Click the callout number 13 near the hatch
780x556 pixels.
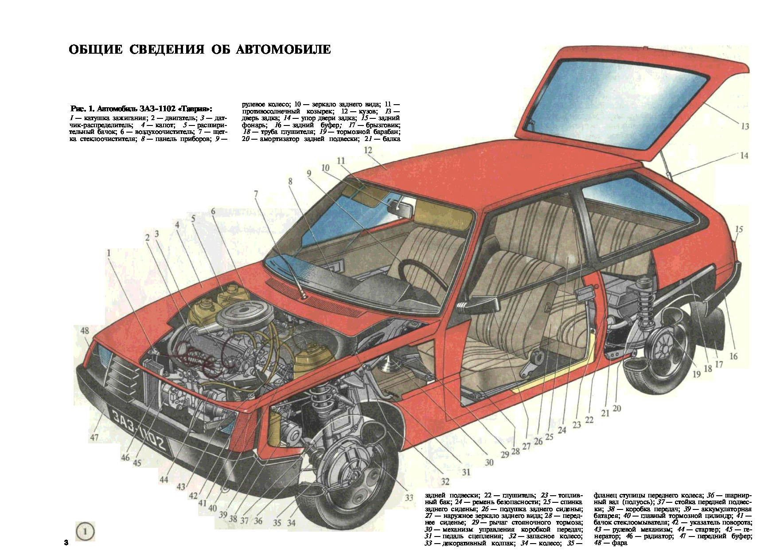tap(745, 126)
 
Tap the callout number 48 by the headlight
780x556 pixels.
tap(85, 330)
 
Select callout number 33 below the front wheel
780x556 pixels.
tap(409, 498)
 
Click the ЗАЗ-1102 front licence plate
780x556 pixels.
tap(139, 430)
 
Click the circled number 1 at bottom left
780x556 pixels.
tap(85, 531)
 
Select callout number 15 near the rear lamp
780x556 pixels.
tap(739, 229)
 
